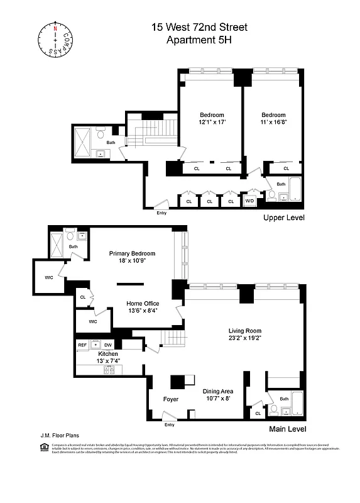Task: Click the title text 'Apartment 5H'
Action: pyautogui.click(x=199, y=40)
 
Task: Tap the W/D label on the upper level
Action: pyautogui.click(x=249, y=201)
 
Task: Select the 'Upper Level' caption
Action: pyautogui.click(x=284, y=218)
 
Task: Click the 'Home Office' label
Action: pyautogui.click(x=142, y=302)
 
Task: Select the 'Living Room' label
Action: pyautogui.click(x=244, y=331)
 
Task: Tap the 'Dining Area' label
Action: pyautogui.click(x=218, y=390)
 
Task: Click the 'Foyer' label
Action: pyautogui.click(x=170, y=399)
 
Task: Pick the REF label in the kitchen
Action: pyautogui.click(x=82, y=345)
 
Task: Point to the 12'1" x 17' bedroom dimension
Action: pyautogui.click(x=212, y=122)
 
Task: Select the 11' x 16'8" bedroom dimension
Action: pyautogui.click(x=273, y=122)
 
